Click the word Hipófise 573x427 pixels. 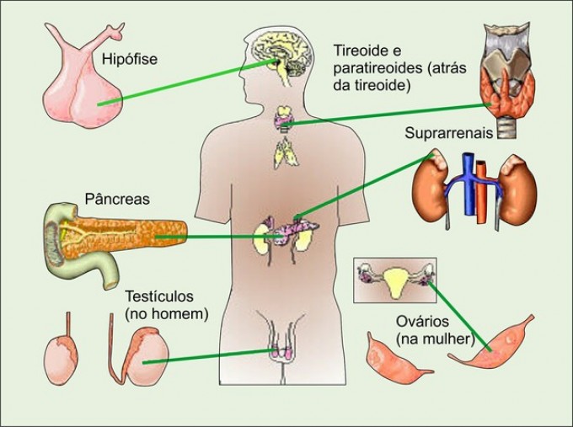click(x=130, y=60)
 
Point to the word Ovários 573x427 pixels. click(x=420, y=322)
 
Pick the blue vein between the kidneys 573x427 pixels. click(x=462, y=189)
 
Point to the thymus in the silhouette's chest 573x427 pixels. click(x=285, y=154)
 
